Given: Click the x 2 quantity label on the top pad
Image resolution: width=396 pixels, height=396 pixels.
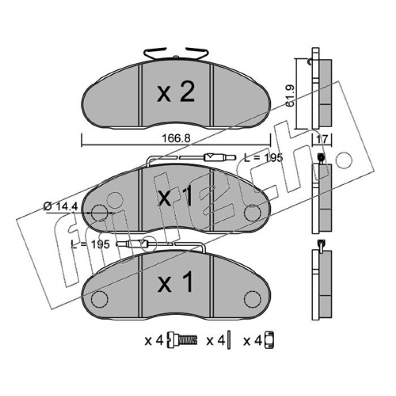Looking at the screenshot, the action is pyautogui.click(x=176, y=93).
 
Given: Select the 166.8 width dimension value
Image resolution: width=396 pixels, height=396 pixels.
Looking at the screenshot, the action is pyautogui.click(x=176, y=139).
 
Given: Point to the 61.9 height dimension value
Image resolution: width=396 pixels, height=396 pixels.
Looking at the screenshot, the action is pyautogui.click(x=291, y=96).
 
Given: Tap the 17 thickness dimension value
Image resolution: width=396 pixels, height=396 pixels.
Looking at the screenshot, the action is pyautogui.click(x=322, y=139).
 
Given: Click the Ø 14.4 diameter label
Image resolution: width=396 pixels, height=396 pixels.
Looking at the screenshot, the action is pyautogui.click(x=60, y=206).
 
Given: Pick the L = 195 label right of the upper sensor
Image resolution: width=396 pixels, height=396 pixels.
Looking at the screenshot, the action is pyautogui.click(x=263, y=157).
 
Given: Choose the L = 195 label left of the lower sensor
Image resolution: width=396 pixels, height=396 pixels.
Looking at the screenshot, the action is pyautogui.click(x=91, y=244).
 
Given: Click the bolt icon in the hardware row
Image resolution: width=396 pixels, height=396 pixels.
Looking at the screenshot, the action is pyautogui.click(x=182, y=341).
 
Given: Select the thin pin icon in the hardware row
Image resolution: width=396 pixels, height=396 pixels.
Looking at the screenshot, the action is pyautogui.click(x=229, y=340).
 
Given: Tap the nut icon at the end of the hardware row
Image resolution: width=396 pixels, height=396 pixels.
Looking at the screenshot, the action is pyautogui.click(x=269, y=340).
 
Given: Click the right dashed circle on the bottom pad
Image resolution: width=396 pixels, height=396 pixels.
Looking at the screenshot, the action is pyautogui.click(x=252, y=299).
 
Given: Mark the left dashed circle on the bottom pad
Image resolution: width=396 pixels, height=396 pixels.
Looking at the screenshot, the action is pyautogui.click(x=99, y=299).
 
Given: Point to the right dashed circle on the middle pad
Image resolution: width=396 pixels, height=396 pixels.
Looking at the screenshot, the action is pyautogui.click(x=252, y=213).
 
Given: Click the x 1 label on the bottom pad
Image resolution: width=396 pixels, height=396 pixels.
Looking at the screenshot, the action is pyautogui.click(x=176, y=282).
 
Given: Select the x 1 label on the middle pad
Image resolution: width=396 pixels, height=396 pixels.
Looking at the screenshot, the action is pyautogui.click(x=175, y=196).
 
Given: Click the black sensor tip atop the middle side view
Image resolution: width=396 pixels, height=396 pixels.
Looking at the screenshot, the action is pyautogui.click(x=321, y=157).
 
